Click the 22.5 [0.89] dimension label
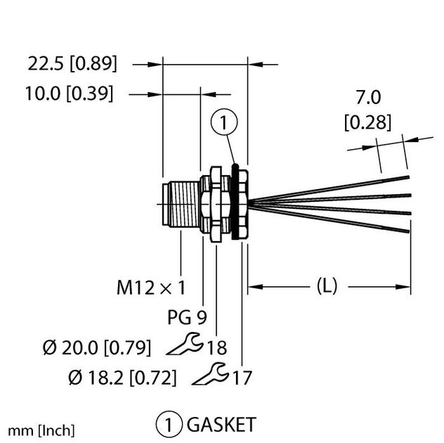72,64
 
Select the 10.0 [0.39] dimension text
71,94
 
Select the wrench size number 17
242,378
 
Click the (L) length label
327,286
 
